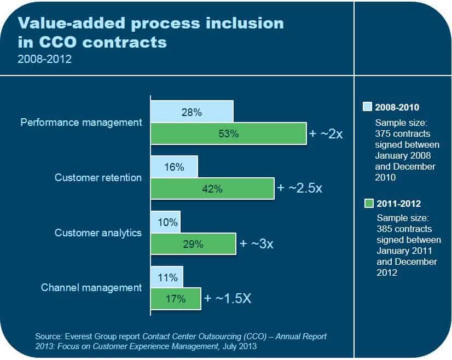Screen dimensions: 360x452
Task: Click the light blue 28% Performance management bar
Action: pyautogui.click(x=192, y=112)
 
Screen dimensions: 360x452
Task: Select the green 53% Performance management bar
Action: pyautogui.click(x=228, y=133)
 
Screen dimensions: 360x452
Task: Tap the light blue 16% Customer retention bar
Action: pyautogui.click(x=174, y=167)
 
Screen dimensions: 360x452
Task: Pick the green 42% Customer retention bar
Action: pyautogui.click(x=212, y=189)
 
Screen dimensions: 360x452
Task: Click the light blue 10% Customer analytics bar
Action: pyautogui.click(x=165, y=222)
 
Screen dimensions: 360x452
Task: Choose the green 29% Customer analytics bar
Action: pyautogui.click(x=193, y=244)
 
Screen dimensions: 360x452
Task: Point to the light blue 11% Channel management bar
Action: pyautogui.click(x=167, y=277)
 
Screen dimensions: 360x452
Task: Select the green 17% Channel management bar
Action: pyautogui.click(x=176, y=299)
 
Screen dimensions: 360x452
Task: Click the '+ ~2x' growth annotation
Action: pyautogui.click(x=326, y=133)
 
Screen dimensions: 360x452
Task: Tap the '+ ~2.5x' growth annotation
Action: pyautogui.click(x=300, y=188)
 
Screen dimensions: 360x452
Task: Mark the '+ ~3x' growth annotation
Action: pyautogui.click(x=256, y=243)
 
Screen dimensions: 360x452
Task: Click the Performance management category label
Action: pyautogui.click(x=81, y=122)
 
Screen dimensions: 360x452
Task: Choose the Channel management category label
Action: pyautogui.click(x=91, y=287)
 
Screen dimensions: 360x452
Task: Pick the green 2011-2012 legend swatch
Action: pyautogui.click(x=368, y=204)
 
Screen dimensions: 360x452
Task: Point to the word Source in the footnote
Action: pyautogui.click(x=47, y=336)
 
